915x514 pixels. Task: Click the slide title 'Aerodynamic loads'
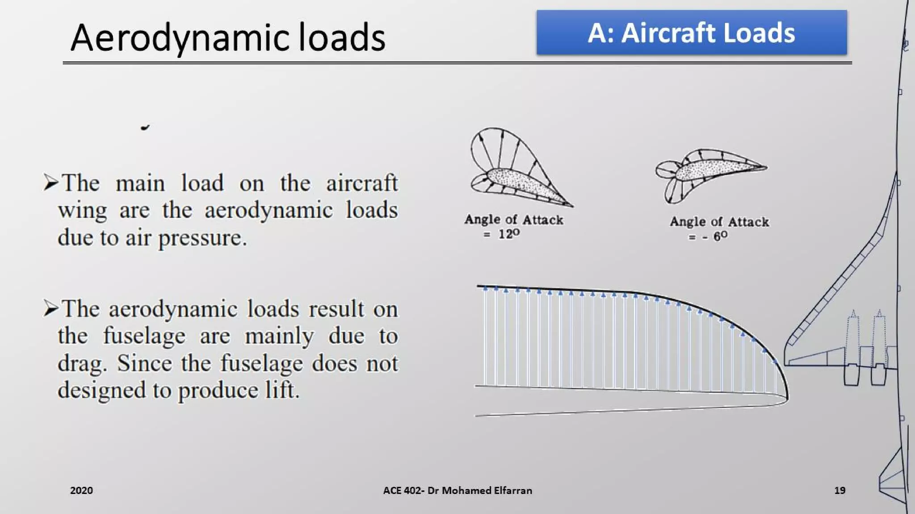228,37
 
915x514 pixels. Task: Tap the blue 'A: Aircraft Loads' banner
691,33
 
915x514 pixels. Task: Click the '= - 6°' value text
708,236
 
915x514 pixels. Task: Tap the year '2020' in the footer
81,490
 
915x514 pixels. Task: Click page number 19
839,490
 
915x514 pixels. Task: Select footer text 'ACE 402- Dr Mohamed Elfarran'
457,490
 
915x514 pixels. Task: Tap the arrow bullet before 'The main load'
50,182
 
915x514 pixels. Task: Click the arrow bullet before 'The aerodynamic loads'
50,308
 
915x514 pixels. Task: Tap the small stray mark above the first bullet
145,128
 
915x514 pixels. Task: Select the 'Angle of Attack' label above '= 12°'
513,220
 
